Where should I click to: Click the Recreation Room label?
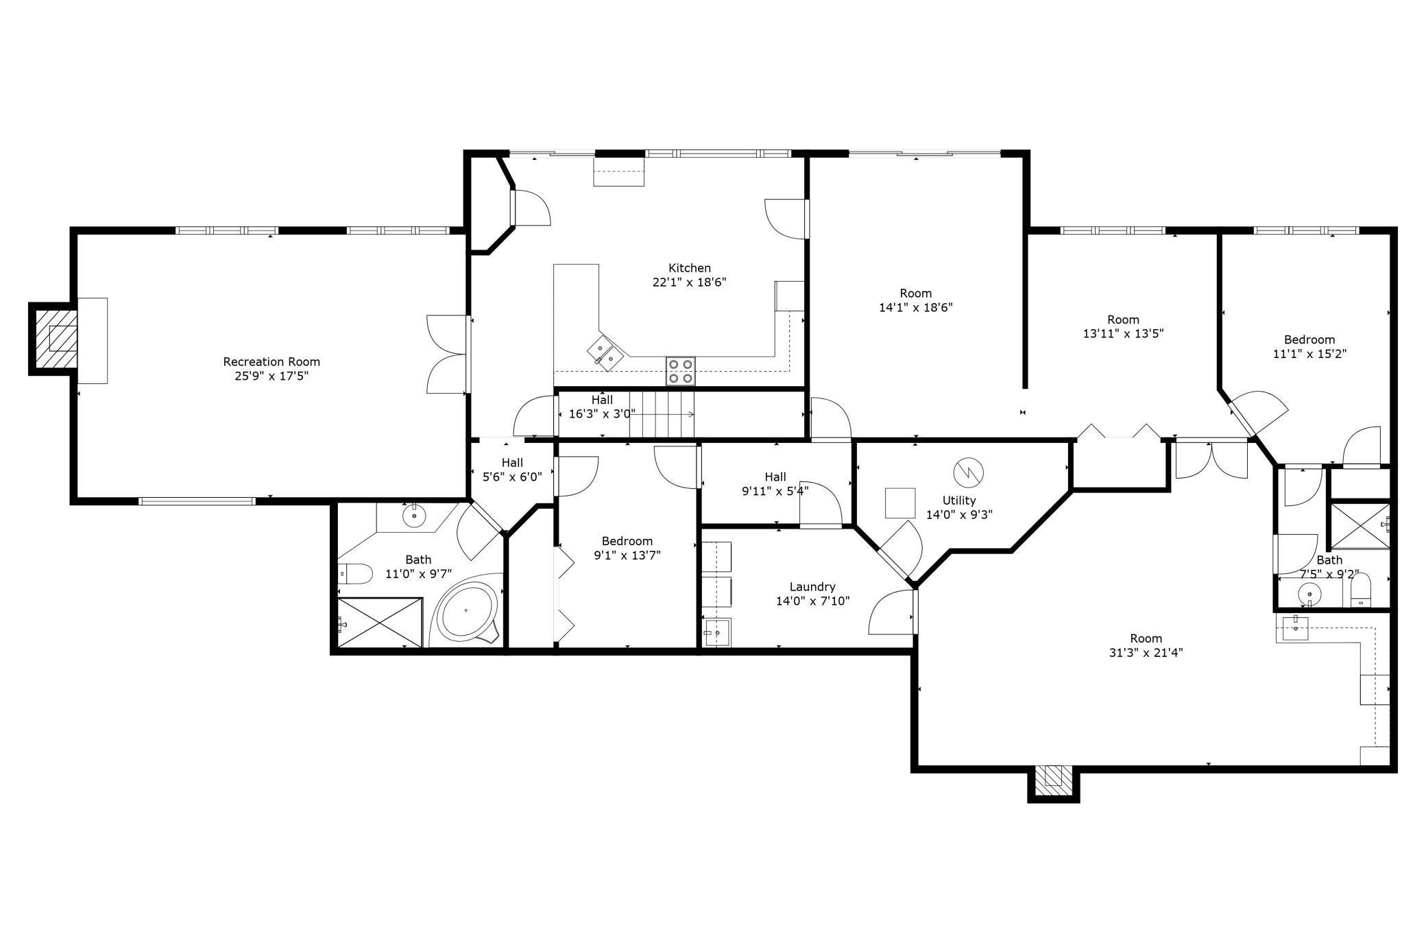click(x=271, y=361)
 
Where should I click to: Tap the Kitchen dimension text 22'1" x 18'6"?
click(x=689, y=282)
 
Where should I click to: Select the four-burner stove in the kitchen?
click(x=680, y=371)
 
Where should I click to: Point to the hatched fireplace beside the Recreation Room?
click(x=54, y=339)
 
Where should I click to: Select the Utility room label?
click(x=959, y=500)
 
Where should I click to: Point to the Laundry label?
click(x=812, y=586)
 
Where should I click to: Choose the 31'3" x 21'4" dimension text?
click(x=1146, y=653)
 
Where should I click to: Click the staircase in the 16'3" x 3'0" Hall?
click(x=662, y=414)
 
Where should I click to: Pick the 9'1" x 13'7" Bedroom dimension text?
click(x=627, y=555)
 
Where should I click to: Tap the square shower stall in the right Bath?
click(x=1360, y=525)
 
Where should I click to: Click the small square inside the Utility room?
click(x=900, y=503)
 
